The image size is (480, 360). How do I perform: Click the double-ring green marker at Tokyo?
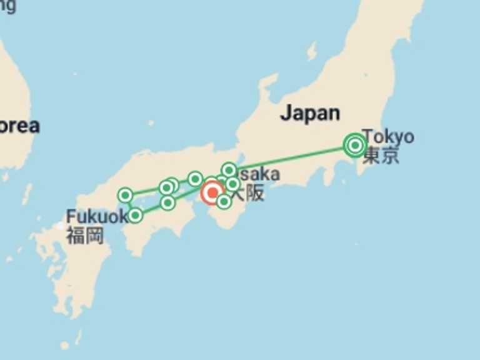(355, 146)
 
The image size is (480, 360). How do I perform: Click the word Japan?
(310, 113)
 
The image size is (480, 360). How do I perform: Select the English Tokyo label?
(387, 136)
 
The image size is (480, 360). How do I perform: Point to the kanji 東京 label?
(381, 156)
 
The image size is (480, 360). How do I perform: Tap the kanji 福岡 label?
(85, 236)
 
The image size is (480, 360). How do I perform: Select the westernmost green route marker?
(125, 196)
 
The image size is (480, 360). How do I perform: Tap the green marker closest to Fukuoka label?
(135, 216)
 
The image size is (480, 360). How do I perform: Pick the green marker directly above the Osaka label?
(229, 170)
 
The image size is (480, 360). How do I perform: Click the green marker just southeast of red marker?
(224, 201)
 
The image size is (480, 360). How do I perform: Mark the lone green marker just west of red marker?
(195, 179)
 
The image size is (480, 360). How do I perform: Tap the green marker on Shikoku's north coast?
(167, 202)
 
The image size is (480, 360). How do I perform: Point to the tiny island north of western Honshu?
(151, 123)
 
